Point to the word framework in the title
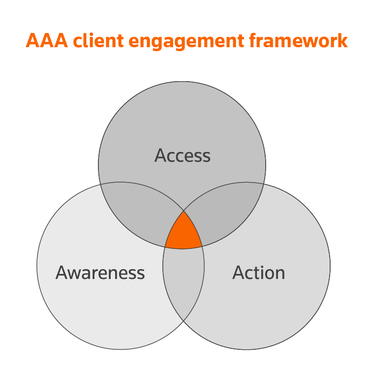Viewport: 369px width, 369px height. (298, 41)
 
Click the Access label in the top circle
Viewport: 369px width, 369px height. (183, 155)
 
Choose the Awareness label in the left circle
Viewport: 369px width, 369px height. (100, 273)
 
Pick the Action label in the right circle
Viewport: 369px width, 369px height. (259, 273)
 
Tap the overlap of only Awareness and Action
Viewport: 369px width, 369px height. (184, 280)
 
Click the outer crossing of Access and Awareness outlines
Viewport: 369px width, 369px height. (101, 184)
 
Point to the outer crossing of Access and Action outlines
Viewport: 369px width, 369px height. (264, 184)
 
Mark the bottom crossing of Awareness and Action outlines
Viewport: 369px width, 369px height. (184, 321)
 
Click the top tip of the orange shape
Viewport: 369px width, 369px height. (184, 212)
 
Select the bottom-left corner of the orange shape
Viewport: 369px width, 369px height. (165, 247)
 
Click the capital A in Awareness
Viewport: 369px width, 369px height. (61, 273)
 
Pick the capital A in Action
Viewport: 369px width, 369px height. (239, 273)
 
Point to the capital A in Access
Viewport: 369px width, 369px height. (160, 155)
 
